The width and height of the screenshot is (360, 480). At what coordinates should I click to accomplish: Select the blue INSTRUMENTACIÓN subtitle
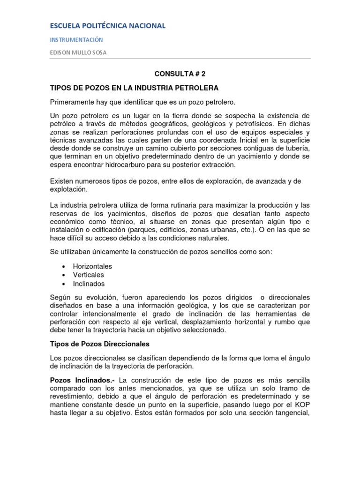(76, 40)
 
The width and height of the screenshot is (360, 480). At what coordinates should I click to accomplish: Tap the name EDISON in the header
(61, 52)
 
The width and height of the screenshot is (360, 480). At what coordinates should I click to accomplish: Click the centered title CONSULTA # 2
(180, 74)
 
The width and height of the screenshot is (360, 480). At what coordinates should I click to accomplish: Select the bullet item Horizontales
(92, 266)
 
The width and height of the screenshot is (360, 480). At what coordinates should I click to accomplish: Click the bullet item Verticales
(89, 275)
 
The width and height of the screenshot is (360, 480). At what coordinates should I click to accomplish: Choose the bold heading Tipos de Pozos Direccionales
(99, 344)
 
